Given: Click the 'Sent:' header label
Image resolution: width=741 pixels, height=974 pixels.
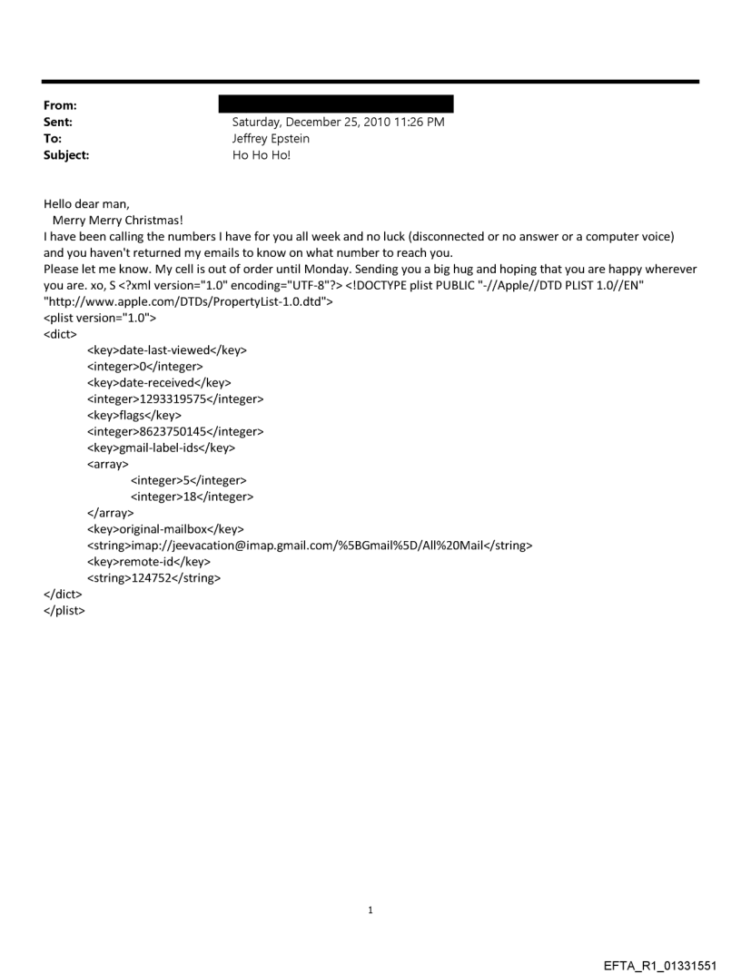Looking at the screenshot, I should pos(59,122).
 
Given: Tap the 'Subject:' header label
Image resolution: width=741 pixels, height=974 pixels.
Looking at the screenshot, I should pos(65,155).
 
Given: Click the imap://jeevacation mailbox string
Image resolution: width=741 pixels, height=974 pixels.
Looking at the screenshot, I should pos(309,545).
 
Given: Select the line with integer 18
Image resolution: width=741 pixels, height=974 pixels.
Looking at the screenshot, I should pos(192,497).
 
